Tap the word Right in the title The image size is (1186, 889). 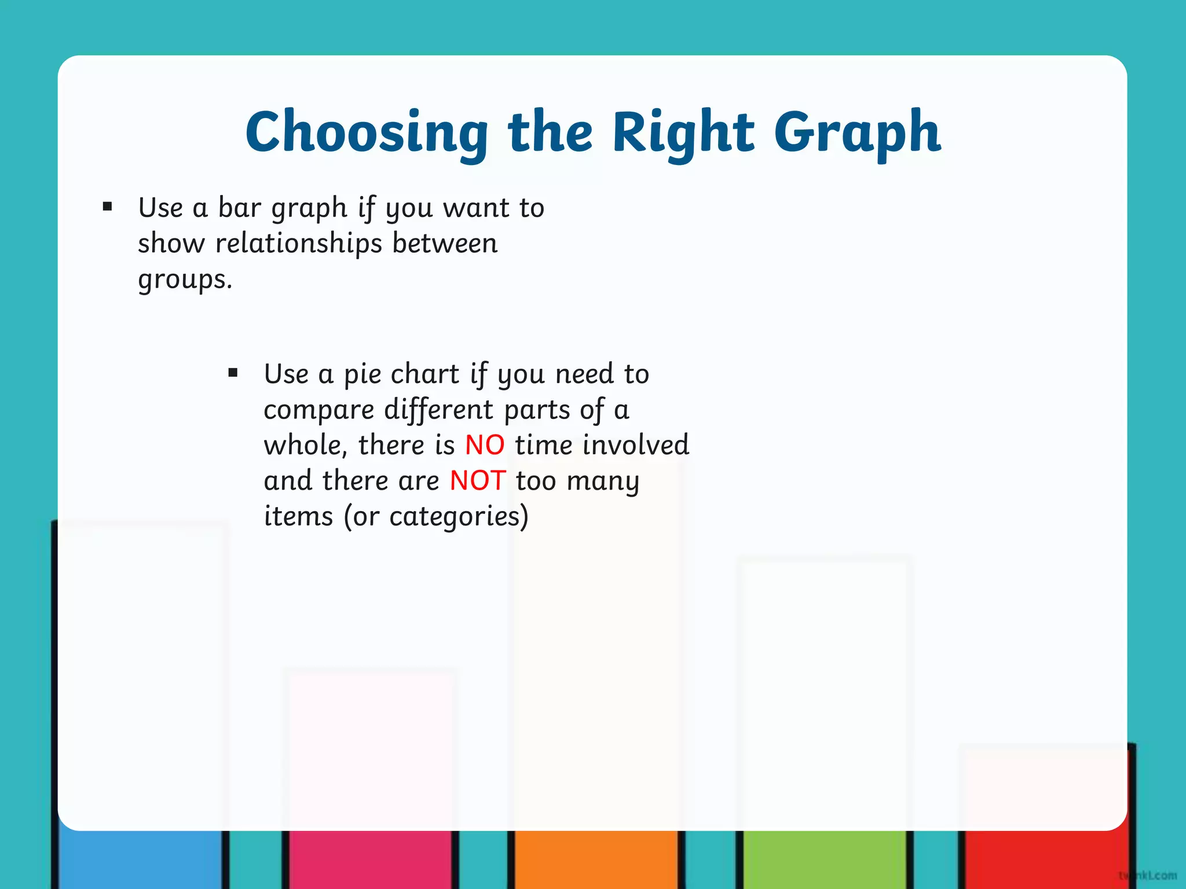pyautogui.click(x=683, y=133)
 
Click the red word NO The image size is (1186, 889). pyautogui.click(x=485, y=446)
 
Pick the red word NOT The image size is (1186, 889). pyautogui.click(x=478, y=481)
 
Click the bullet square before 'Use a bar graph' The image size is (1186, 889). pyautogui.click(x=107, y=207)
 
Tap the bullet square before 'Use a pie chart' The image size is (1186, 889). pyautogui.click(x=233, y=373)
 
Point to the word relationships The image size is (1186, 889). pyautogui.click(x=299, y=244)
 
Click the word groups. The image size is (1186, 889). pyautogui.click(x=185, y=280)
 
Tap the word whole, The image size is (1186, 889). pyautogui.click(x=305, y=446)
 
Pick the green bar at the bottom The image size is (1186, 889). pyautogui.click(x=823, y=859)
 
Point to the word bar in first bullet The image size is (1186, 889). pyautogui.click(x=239, y=208)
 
